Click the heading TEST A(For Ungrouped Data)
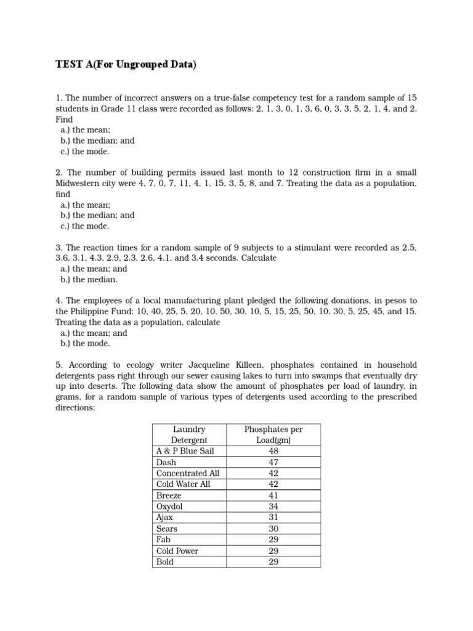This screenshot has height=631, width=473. pyautogui.click(x=126, y=65)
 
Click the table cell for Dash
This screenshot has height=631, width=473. pyautogui.click(x=166, y=462)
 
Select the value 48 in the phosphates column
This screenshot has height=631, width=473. pyautogui.click(x=273, y=451)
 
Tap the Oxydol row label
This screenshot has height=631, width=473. pyautogui.click(x=169, y=507)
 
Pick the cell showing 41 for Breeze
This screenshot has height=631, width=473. pyautogui.click(x=273, y=495)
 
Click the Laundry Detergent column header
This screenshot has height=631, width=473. pyautogui.click(x=189, y=434)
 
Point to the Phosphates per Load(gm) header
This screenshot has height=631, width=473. pyautogui.click(x=273, y=434)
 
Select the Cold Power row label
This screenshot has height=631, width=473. pyautogui.click(x=177, y=551)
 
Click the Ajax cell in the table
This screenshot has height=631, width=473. pyautogui.click(x=165, y=518)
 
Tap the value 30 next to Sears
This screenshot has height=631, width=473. pyautogui.click(x=273, y=529)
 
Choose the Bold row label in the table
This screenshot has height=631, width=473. pyautogui.click(x=165, y=562)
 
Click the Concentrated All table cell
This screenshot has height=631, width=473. pyautogui.click(x=188, y=473)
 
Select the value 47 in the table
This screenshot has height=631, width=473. pyautogui.click(x=273, y=462)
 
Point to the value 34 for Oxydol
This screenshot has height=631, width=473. pyautogui.click(x=273, y=507)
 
